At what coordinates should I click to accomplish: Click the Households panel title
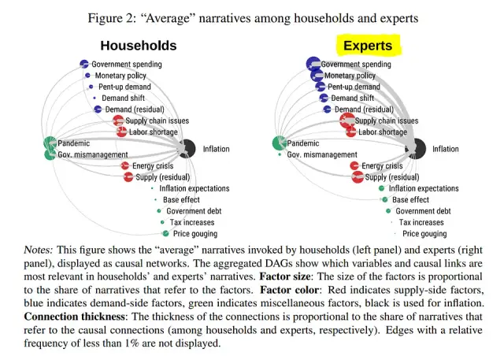138,46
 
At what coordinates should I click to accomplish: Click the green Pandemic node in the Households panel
50,143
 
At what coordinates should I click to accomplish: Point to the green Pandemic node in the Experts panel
279,143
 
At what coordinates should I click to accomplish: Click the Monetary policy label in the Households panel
120,76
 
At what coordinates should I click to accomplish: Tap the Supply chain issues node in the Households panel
117,121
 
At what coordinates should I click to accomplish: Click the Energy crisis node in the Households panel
125,166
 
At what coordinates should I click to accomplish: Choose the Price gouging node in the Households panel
165,234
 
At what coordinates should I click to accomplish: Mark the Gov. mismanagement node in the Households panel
49,155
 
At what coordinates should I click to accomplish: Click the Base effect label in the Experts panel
411,200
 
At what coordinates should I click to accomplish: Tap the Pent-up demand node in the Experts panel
320,87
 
